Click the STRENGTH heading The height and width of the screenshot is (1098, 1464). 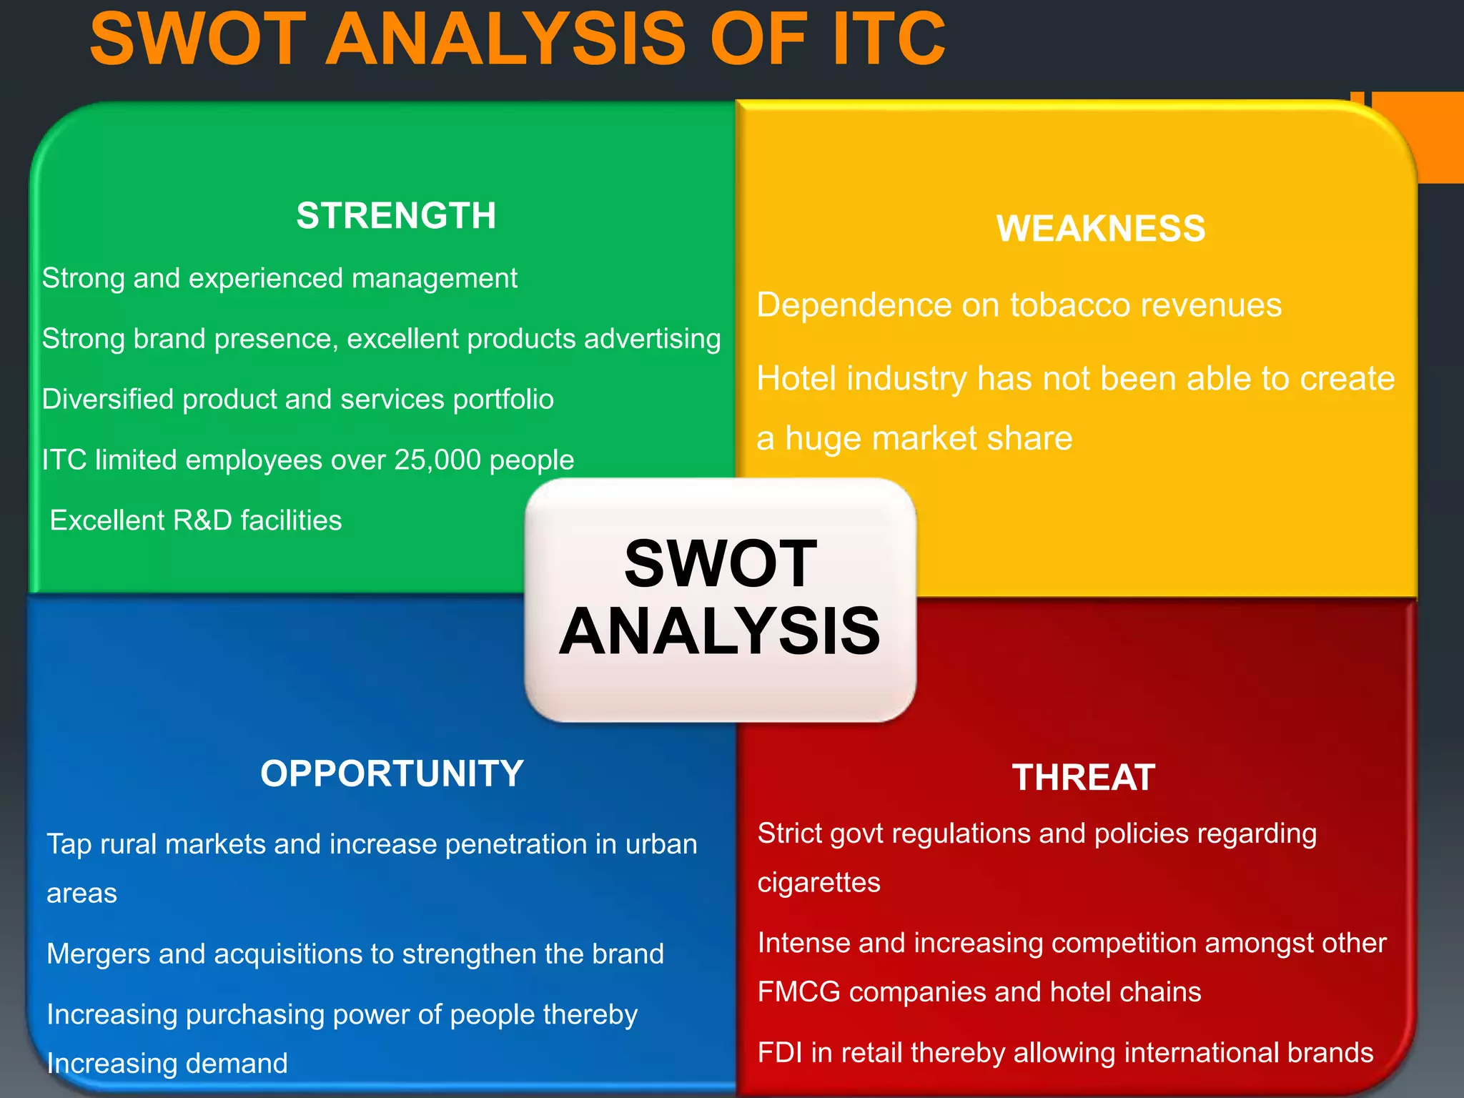pos(396,215)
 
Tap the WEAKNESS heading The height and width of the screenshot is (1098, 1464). pos(1100,229)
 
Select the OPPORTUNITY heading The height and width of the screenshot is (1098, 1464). pos(392,773)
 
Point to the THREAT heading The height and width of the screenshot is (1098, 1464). pos(1083,777)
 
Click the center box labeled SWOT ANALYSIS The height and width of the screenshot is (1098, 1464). pos(720,599)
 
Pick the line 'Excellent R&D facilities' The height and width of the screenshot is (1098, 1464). pos(195,520)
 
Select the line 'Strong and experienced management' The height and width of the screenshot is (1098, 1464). pos(279,278)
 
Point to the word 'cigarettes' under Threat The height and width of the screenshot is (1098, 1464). pos(818,882)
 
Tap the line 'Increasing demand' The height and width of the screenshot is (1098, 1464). pos(167,1064)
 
